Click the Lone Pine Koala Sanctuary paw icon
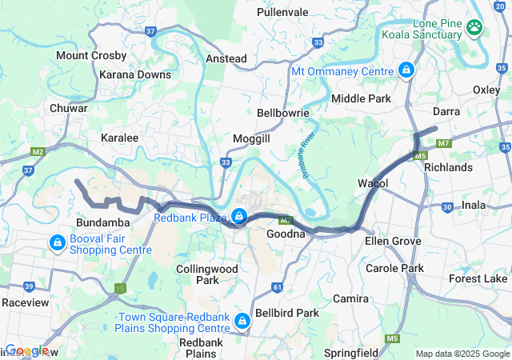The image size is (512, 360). [x=475, y=26]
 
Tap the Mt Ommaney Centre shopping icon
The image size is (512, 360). [x=406, y=70]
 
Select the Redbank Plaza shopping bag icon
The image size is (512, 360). [x=239, y=216]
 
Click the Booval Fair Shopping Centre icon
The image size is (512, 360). [x=58, y=242]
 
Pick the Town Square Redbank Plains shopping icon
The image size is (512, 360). [x=242, y=322]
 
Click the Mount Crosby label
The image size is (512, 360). [x=91, y=56]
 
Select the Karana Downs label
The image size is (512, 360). [x=135, y=74]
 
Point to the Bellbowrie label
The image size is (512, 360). [x=283, y=114]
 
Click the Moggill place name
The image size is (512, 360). [x=252, y=139]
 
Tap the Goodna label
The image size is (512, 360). [x=286, y=234]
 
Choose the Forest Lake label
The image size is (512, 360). [x=478, y=278]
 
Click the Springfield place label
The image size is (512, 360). [x=351, y=352]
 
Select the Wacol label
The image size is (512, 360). [x=373, y=184]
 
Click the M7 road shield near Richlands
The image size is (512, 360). [x=445, y=144]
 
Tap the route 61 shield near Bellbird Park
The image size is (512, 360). [x=278, y=286]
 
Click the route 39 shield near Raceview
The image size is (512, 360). [x=29, y=286]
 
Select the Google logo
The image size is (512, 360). [x=27, y=350]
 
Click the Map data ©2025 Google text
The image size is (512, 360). [x=462, y=354]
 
